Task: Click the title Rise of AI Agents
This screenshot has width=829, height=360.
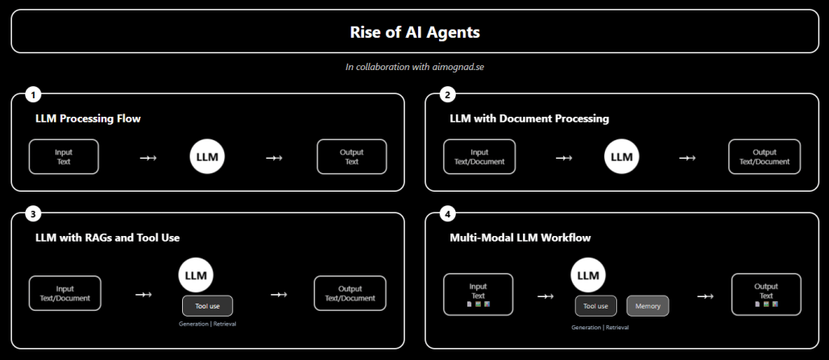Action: click(414, 32)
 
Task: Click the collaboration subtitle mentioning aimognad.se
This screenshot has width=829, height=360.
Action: click(414, 67)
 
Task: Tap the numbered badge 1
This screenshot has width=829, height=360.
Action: click(33, 95)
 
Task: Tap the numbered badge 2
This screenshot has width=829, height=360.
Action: click(448, 95)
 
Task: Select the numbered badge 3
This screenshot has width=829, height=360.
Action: click(33, 214)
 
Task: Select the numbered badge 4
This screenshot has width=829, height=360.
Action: click(448, 214)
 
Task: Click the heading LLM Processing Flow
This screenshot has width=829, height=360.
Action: click(88, 118)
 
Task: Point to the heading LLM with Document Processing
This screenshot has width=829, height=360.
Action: click(528, 118)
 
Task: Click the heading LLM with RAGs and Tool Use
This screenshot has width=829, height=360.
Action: click(107, 238)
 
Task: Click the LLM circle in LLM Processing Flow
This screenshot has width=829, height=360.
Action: click(207, 157)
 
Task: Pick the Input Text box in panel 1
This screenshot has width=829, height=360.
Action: click(64, 156)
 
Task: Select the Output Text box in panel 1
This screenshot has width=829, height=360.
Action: click(351, 156)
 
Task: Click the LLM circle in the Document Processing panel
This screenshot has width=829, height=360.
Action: click(621, 157)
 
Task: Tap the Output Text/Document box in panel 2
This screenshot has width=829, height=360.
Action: click(764, 156)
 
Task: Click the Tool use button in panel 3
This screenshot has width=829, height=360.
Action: click(207, 306)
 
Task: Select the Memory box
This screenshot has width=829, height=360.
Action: click(648, 306)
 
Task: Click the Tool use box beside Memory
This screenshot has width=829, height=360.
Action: click(595, 306)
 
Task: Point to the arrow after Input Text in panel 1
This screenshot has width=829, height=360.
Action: click(147, 158)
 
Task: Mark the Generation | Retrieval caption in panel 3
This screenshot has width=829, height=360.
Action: click(207, 324)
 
